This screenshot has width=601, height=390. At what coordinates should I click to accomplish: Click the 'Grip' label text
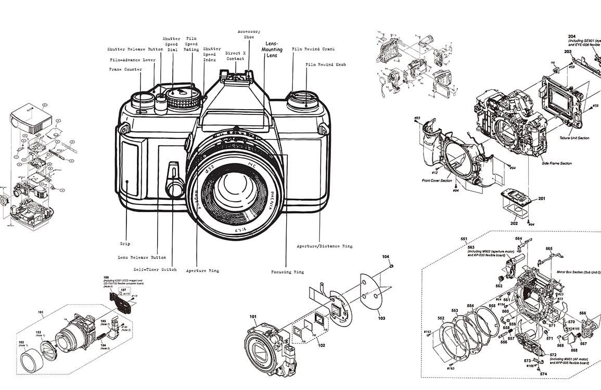tap(124, 243)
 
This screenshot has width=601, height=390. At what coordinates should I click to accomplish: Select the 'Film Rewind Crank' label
tap(313, 49)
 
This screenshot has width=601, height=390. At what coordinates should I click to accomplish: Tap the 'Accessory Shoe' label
tap(249, 34)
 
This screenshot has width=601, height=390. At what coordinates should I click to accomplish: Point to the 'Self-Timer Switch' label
tap(155, 269)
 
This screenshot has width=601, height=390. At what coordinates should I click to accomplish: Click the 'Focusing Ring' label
tap(288, 271)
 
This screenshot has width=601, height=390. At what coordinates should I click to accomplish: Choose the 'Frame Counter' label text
tap(125, 70)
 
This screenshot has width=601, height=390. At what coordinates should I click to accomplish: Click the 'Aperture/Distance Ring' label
tap(324, 246)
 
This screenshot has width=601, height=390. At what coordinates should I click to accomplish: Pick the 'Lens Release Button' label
tap(142, 257)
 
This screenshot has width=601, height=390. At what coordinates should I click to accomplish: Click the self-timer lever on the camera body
tap(174, 179)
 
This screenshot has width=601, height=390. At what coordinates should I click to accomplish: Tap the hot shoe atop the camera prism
tap(237, 78)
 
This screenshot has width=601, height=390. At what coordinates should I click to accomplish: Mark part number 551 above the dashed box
tap(464, 239)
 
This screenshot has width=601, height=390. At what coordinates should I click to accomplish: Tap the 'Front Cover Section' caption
tap(437, 181)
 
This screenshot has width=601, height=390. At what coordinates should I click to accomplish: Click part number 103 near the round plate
tap(381, 318)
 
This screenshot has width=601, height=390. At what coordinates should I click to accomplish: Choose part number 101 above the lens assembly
tap(253, 316)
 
